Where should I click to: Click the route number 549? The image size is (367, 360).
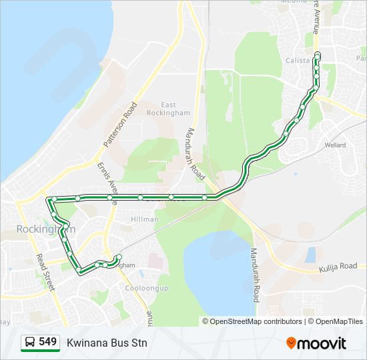[48, 341]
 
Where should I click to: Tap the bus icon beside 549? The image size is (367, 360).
[29, 342]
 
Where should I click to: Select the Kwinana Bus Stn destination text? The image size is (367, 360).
[107, 343]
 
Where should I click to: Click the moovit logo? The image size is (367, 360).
[316, 343]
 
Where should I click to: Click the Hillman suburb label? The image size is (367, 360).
[145, 219]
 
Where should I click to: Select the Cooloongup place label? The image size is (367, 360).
[145, 289]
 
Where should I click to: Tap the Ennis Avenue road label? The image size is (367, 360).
[107, 179]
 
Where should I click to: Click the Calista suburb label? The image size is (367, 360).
[298, 60]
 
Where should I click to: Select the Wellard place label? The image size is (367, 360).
[335, 145]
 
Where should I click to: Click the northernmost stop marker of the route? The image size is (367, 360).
[317, 54]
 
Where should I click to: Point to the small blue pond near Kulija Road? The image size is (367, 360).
[310, 254]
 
